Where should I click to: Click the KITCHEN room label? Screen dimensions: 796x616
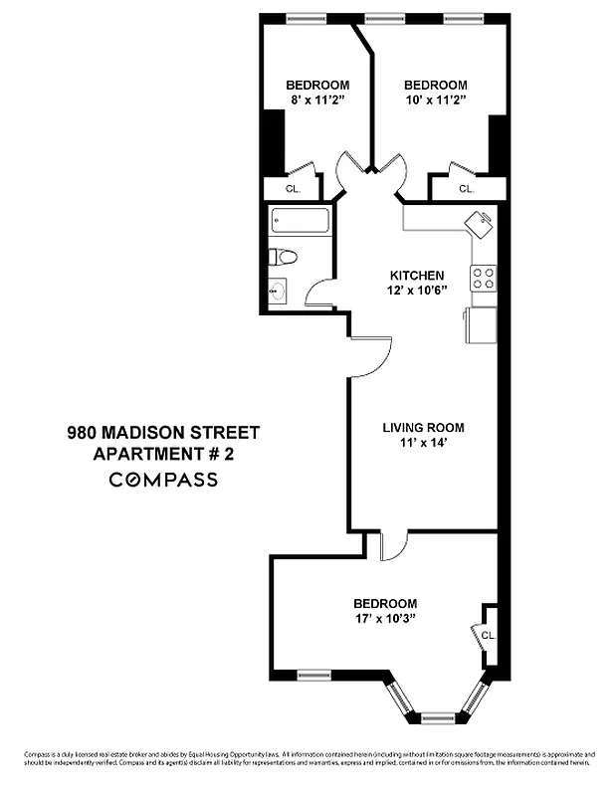416,276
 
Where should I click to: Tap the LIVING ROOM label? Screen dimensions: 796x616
423,429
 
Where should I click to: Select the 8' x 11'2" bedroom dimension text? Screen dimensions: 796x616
317,100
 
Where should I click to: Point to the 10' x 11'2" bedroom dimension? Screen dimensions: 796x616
435,100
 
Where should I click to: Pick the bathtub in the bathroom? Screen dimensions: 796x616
300,221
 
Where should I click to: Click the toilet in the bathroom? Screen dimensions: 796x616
283,258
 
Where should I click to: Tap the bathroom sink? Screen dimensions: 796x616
278,292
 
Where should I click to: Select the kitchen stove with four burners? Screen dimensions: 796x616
483,278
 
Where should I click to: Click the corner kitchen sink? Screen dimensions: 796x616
478,222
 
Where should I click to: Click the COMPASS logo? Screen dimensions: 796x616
162,480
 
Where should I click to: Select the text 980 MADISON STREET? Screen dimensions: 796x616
162,433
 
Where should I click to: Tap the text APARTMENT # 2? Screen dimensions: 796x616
162,455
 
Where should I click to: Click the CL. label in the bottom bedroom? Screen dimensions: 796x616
488,635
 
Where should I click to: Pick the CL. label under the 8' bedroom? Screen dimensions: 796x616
293,188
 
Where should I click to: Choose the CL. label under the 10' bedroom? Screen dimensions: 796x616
466,188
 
